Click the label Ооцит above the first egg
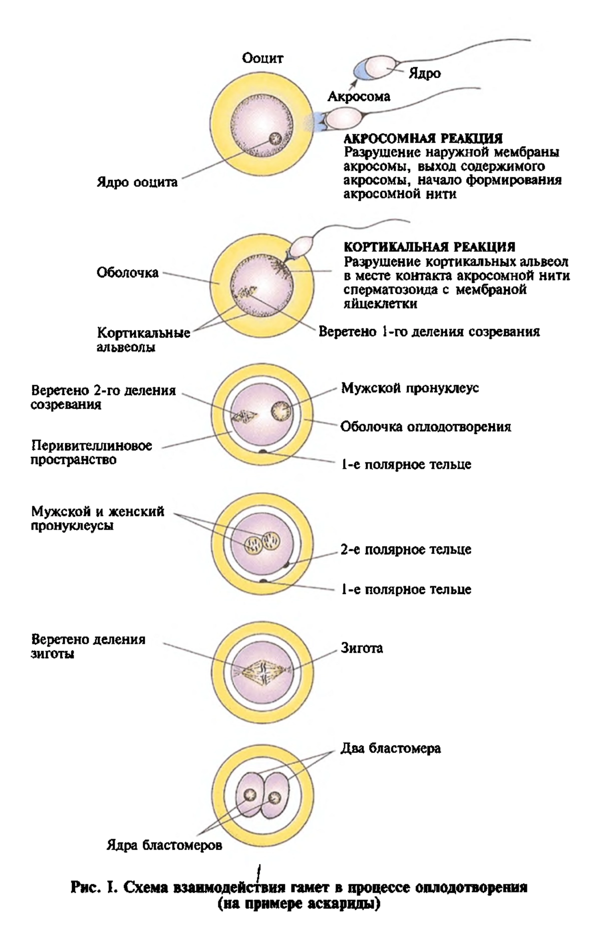tap(262, 59)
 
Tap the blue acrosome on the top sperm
tap(362, 71)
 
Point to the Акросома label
tap(359, 96)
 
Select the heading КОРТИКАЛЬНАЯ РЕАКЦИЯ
tap(429, 246)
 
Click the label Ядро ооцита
tap(137, 182)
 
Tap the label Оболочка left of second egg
tap(128, 273)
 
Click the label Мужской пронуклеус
tap(410, 389)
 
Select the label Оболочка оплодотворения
tap(426, 427)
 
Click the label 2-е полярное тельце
tap(406, 549)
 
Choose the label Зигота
tap(362, 649)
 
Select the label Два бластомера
tap(391, 749)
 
